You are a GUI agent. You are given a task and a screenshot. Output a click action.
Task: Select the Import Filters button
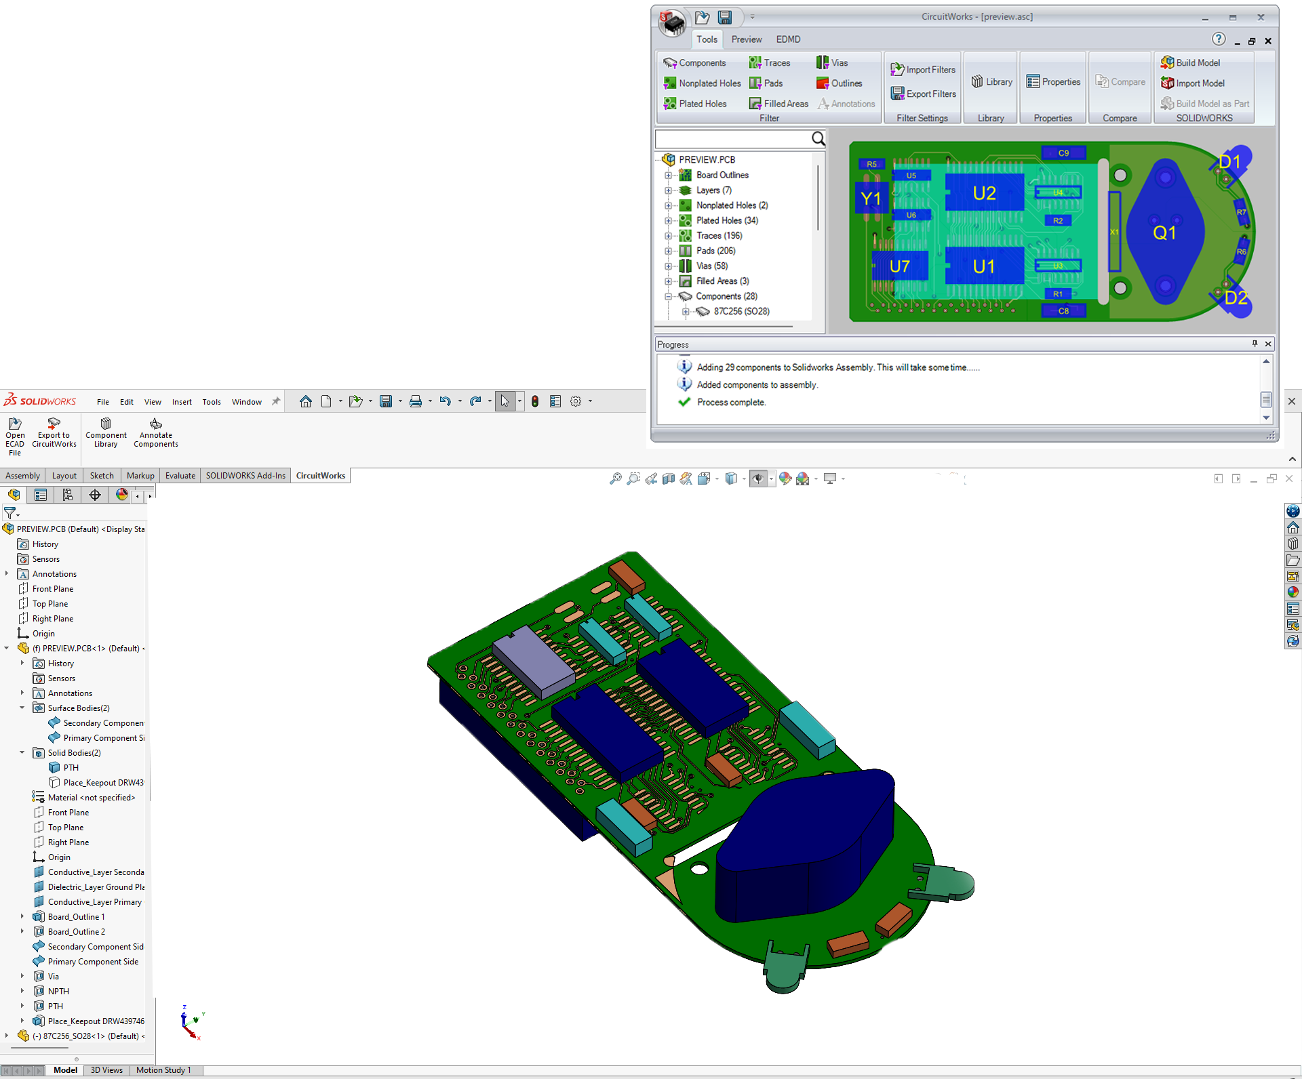[x=924, y=69]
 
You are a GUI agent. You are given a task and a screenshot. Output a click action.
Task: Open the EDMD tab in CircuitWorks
[x=788, y=39]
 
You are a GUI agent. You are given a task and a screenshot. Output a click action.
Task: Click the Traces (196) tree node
[x=719, y=235]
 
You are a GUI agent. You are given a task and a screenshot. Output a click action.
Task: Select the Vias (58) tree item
[x=711, y=266]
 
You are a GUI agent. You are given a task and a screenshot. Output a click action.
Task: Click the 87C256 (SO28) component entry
[x=741, y=311]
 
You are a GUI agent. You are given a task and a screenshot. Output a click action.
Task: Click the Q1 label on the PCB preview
[x=1164, y=233]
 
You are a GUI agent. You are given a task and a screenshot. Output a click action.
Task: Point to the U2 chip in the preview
[x=984, y=193]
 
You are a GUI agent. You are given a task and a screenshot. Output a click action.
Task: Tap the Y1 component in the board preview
[x=871, y=199]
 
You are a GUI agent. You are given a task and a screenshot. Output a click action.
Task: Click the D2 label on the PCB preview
[x=1236, y=298]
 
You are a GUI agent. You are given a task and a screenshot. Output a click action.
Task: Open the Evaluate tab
[x=180, y=475]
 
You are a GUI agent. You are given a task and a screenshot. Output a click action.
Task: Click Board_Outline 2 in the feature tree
[x=76, y=931]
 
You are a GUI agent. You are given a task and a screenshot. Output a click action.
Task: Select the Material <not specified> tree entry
[x=91, y=797]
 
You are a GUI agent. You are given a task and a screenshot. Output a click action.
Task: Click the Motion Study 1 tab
[x=163, y=1070]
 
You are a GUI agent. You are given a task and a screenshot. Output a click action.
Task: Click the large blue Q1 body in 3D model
[x=807, y=847]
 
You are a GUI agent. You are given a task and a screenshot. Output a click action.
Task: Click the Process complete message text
[x=731, y=402]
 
